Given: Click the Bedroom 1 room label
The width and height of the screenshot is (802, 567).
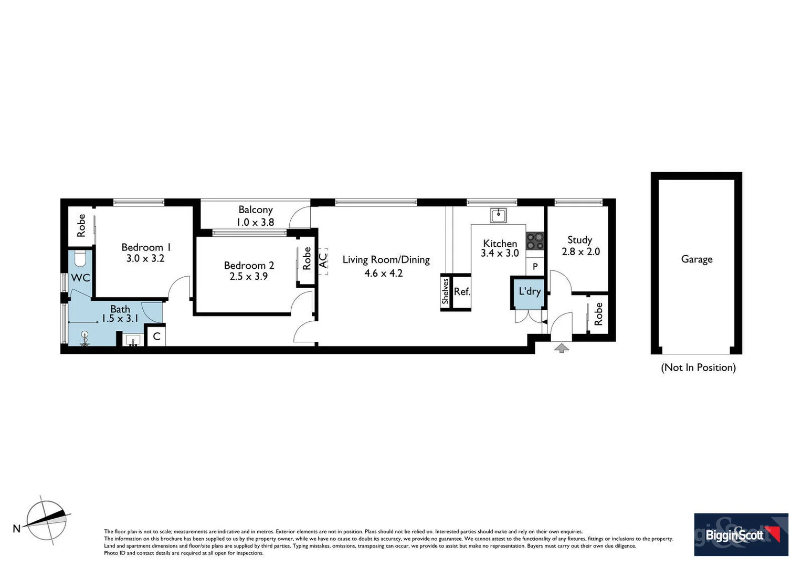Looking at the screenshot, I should (146, 247).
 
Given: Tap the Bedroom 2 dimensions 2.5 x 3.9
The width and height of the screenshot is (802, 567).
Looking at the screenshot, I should (248, 277).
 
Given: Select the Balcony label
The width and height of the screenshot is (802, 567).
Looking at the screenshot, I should (256, 209).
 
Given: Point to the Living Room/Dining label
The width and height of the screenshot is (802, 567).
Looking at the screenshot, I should (386, 260).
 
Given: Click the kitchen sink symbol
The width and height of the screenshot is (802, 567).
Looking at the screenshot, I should (498, 215).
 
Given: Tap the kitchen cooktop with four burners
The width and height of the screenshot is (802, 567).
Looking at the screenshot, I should (535, 241).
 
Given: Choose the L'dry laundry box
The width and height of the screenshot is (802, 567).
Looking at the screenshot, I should (529, 292).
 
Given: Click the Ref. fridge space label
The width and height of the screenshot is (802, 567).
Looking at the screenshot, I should (461, 292).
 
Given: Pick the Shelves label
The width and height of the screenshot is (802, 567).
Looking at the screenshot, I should (445, 291).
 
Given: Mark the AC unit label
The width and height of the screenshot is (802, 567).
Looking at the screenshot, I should (323, 260).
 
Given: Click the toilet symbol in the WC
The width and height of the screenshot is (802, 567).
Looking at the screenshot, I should (80, 259).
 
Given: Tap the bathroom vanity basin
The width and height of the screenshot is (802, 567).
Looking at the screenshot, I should (133, 340).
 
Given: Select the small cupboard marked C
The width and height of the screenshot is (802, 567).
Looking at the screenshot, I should (156, 337).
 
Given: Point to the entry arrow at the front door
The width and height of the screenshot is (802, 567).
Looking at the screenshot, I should (561, 348).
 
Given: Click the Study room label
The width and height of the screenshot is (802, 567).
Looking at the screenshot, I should (579, 240).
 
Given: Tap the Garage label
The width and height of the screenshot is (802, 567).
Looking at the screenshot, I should (697, 259).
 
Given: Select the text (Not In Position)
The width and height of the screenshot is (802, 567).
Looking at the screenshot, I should (698, 367).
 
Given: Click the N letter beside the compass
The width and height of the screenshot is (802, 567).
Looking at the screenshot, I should (16, 528).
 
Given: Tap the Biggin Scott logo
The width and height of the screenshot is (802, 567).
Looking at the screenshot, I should (741, 534).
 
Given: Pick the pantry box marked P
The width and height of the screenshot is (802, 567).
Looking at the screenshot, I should (535, 267).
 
